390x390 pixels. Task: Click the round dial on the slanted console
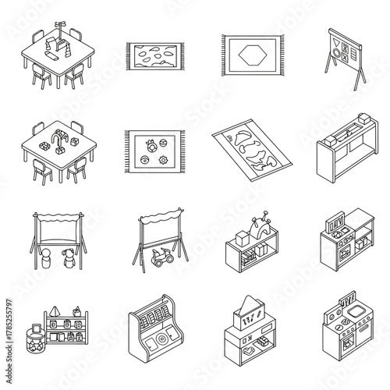(x=159, y=342)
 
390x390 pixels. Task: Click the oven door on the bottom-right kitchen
(x=339, y=356)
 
